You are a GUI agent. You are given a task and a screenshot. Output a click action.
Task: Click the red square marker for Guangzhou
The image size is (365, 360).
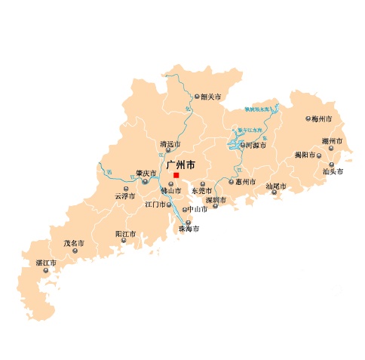tap(176, 175)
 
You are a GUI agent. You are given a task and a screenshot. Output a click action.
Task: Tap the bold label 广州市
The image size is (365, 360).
tap(180, 164)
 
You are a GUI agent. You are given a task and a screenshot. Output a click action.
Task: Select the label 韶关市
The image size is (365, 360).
tap(210, 97)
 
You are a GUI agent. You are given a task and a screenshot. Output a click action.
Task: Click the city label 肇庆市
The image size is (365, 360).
tap(146, 173)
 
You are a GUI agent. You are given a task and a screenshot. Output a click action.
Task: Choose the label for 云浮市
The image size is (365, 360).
tap(124, 196)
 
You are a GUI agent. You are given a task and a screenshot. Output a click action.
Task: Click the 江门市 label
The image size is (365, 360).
tap(154, 205)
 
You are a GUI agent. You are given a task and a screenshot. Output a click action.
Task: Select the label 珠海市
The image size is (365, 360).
tap(189, 229)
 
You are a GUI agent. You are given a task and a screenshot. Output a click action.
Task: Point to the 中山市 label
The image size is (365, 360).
tap(198, 209)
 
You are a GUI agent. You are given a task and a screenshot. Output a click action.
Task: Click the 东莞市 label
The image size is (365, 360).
tap(202, 191)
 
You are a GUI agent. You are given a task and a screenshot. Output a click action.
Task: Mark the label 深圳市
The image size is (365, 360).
tap(216, 200)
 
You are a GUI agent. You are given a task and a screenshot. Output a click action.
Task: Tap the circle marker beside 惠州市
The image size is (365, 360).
tap(231, 182)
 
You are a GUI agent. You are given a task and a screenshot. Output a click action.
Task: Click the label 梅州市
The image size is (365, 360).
tap(322, 118)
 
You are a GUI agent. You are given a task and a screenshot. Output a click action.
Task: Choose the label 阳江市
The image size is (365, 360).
tap(125, 234)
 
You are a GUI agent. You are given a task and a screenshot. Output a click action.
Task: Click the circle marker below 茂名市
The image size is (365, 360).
tap(72, 253)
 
